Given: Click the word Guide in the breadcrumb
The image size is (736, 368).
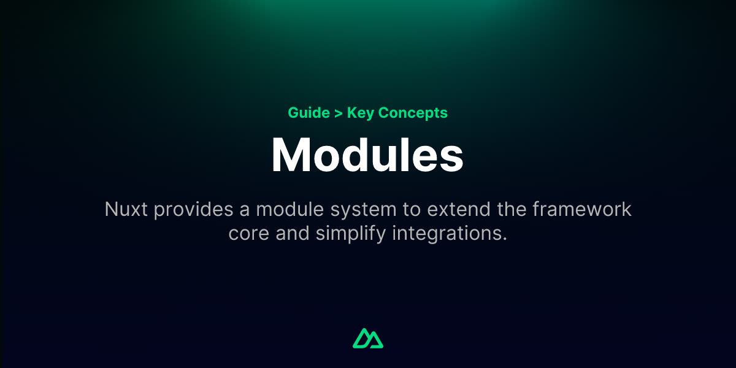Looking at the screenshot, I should (309, 113).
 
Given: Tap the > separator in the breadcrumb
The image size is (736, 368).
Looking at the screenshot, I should (339, 113).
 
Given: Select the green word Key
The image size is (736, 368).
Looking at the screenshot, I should (361, 113).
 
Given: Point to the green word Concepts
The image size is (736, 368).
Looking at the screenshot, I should (413, 113).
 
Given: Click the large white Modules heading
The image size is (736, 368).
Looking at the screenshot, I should (367, 155).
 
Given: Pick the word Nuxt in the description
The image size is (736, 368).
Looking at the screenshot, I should (126, 210).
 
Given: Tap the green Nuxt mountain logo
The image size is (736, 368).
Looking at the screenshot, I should (368, 338).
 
